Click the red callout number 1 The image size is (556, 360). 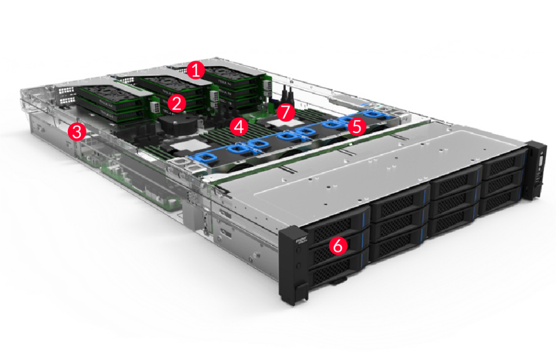coord(195,70)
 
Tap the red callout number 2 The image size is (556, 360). coord(175,103)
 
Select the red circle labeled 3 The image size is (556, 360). coord(78,131)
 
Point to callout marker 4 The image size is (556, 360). coord(238,127)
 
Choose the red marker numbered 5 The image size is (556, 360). coord(356,127)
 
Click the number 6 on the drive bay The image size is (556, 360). coord(337,246)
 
